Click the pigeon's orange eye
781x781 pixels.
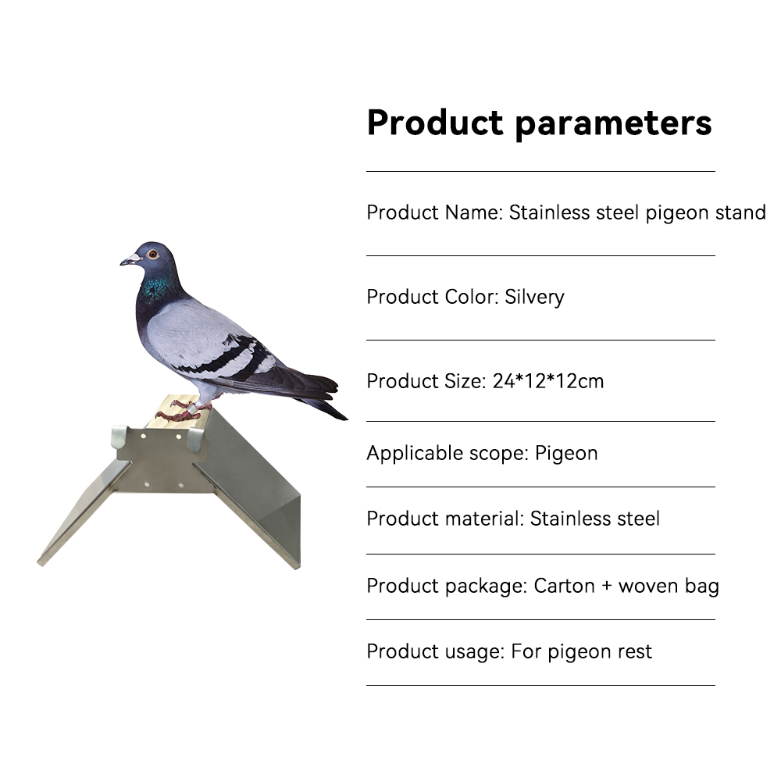click(153, 254)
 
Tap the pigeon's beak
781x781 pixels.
click(130, 259)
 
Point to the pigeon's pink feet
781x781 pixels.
click(180, 411)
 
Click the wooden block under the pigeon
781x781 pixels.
click(175, 412)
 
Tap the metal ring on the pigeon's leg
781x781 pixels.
click(191, 408)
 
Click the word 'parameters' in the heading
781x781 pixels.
click(613, 124)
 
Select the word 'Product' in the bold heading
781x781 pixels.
click(435, 122)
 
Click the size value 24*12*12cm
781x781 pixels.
click(548, 381)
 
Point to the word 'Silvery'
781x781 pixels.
click(534, 298)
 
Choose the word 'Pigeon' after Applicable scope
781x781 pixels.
click(566, 454)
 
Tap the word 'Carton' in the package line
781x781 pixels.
click(565, 587)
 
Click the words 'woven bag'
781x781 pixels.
click(669, 587)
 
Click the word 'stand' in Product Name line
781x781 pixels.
click(740, 212)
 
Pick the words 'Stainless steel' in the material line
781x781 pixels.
click(594, 519)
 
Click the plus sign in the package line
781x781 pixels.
click(606, 587)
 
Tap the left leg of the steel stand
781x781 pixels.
click(84, 513)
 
